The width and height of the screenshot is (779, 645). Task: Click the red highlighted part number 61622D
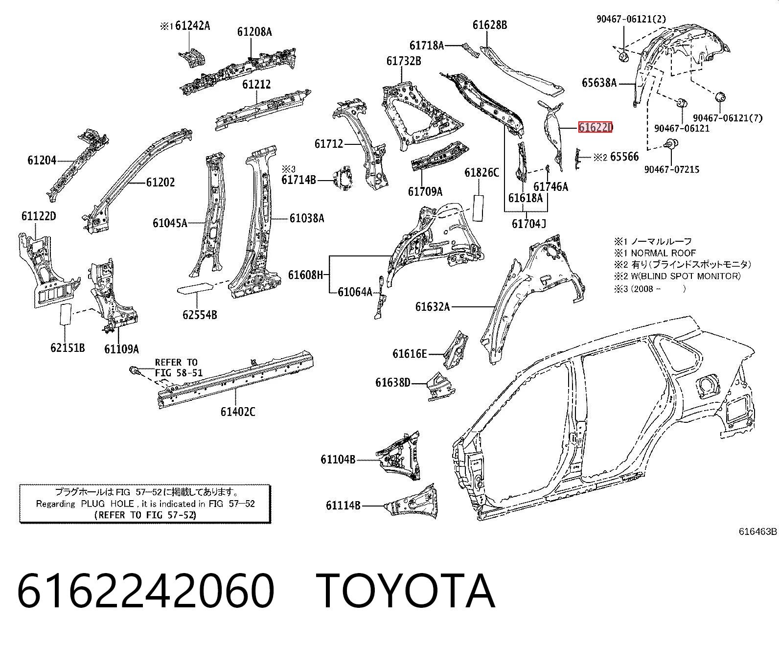click(596, 127)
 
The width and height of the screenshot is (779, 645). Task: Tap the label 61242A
click(192, 26)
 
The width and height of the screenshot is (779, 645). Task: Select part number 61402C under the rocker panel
click(238, 412)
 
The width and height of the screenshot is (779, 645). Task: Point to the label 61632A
click(433, 306)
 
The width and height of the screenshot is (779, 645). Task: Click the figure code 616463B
click(758, 531)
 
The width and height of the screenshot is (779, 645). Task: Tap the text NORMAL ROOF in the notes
click(663, 253)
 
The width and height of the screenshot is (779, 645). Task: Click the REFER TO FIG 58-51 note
click(179, 368)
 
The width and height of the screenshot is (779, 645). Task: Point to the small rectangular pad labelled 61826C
click(478, 208)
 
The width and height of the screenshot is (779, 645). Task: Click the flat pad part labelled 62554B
click(195, 289)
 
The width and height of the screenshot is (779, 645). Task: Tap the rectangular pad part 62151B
click(65, 314)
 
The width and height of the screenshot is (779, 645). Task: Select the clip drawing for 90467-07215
click(671, 143)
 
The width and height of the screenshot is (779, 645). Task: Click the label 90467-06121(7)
click(728, 118)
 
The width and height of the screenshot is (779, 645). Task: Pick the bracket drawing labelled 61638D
click(440, 386)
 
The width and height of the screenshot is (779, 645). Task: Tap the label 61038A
click(307, 218)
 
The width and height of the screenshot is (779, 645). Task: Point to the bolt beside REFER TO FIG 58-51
click(134, 371)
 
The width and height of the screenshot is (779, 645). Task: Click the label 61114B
click(343, 506)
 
